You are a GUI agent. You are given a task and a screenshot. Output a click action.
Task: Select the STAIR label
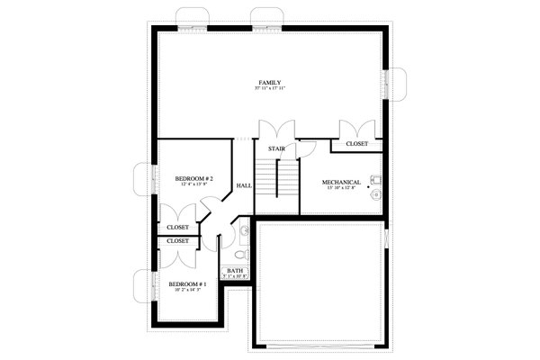tap(276, 148)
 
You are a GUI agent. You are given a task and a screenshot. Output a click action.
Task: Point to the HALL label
tap(244, 185)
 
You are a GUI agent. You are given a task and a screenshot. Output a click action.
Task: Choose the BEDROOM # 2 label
tap(194, 178)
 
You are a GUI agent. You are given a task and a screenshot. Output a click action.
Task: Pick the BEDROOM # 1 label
tap(189, 283)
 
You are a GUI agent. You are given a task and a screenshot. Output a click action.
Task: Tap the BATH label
tap(235, 270)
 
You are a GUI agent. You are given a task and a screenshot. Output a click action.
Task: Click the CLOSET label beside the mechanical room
tap(356, 143)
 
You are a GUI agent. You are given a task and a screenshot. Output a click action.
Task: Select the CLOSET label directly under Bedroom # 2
tap(177, 227)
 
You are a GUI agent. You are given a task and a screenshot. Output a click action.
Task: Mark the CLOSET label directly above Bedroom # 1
tap(177, 241)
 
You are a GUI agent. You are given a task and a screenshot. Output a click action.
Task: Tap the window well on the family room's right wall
tap(398, 84)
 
